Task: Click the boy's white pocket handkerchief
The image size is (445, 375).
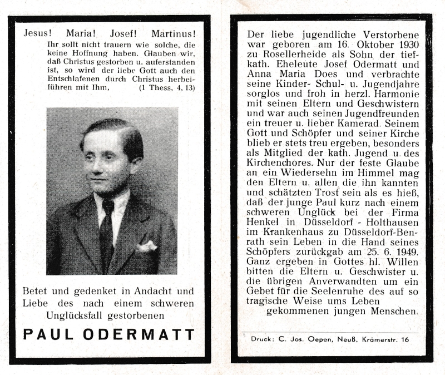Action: click(x=147, y=246)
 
